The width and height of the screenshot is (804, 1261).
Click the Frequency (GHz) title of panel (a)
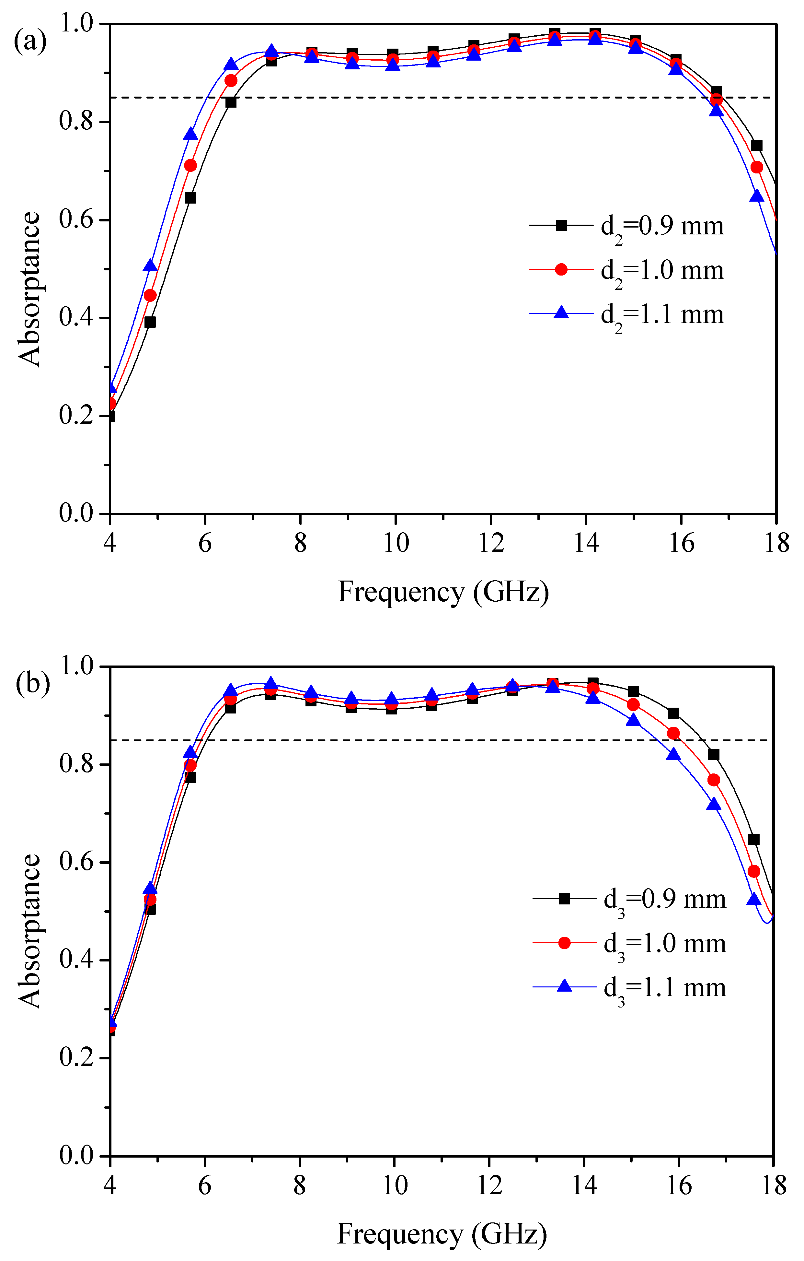pyautogui.click(x=443, y=592)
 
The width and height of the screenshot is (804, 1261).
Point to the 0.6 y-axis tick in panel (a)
pyautogui.click(x=76, y=219)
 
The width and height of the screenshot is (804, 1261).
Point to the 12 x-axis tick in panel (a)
pyautogui.click(x=491, y=543)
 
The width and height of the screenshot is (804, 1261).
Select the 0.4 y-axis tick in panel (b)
pyautogui.click(x=76, y=960)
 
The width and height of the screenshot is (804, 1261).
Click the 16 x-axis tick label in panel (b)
pyautogui.click(x=679, y=1185)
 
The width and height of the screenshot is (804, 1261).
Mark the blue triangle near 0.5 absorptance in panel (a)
pyautogui.click(x=150, y=265)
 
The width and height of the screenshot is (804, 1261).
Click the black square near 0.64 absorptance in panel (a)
pyautogui.click(x=190, y=198)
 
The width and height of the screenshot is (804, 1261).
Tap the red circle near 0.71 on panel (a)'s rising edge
pyautogui.click(x=190, y=165)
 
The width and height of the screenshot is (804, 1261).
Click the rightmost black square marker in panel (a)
pyautogui.click(x=756, y=146)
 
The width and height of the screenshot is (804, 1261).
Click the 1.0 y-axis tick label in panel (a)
pyautogui.click(x=76, y=24)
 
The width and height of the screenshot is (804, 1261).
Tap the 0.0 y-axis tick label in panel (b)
pyautogui.click(x=76, y=1155)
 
